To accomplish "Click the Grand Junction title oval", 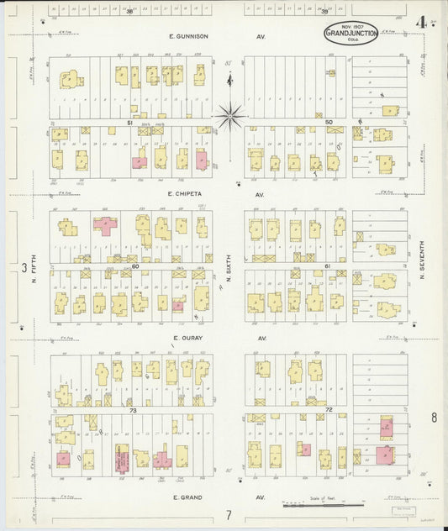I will coord(350,34).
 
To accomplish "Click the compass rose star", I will coord(229,115).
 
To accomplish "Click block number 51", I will coord(130,123).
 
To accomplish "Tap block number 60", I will coord(134,266).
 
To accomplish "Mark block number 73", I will coord(132,410).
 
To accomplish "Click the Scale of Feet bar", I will coord(324,505).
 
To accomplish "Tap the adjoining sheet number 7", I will coord(227,514).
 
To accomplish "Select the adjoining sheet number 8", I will coord(434,418).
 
